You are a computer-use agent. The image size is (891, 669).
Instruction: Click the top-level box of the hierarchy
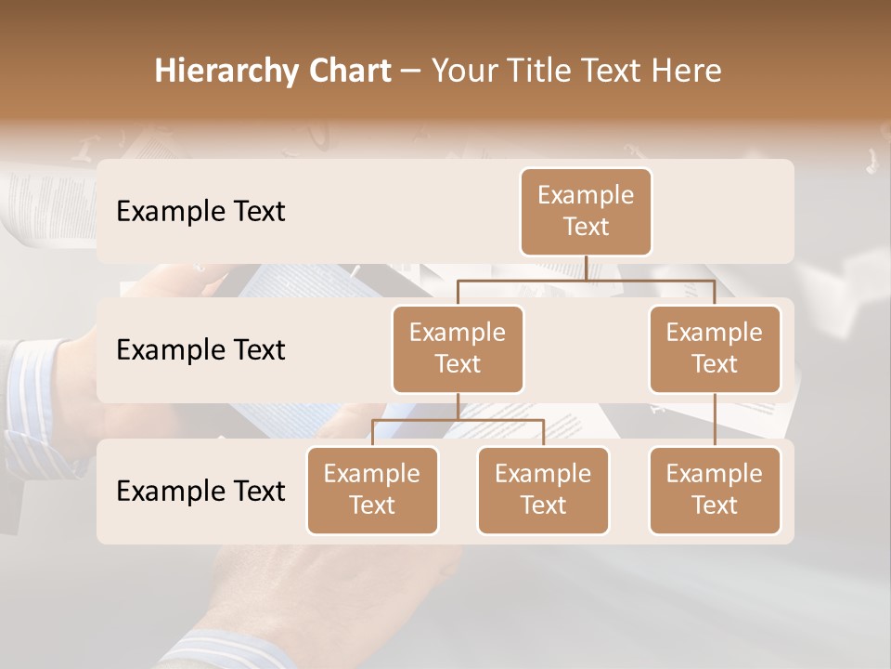pyautogui.click(x=586, y=212)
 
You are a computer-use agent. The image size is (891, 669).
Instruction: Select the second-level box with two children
pyautogui.click(x=458, y=349)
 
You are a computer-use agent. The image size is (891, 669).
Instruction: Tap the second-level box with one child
pyautogui.click(x=715, y=349)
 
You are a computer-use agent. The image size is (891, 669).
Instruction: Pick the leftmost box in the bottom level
pyautogui.click(x=372, y=491)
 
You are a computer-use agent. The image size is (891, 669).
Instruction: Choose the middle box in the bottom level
pyautogui.click(x=543, y=491)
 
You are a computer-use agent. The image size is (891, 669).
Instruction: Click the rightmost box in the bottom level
pyautogui.click(x=715, y=491)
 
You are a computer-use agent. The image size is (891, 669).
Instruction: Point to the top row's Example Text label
pyautogui.click(x=200, y=212)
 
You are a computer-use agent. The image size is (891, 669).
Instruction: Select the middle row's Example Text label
pyautogui.click(x=200, y=350)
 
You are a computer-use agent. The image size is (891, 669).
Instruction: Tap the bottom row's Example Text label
pyautogui.click(x=200, y=492)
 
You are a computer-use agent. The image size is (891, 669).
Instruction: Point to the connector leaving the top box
pyautogui.click(x=587, y=268)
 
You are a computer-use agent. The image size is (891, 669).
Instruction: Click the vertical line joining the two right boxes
pyautogui.click(x=715, y=420)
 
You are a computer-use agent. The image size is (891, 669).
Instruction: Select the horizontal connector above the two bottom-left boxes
pyautogui.click(x=458, y=420)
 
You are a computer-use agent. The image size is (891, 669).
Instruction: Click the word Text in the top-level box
pyautogui.click(x=586, y=227)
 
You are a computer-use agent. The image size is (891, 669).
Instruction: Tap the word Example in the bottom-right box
pyautogui.click(x=715, y=474)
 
